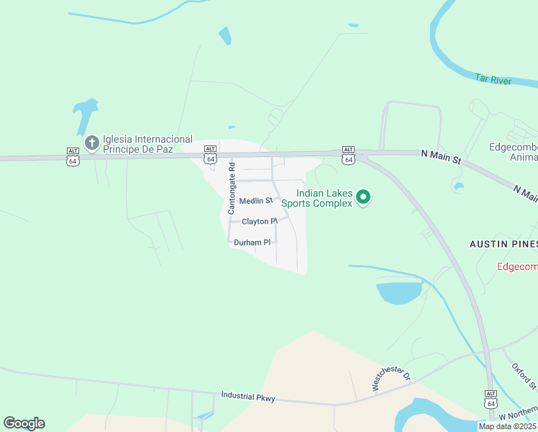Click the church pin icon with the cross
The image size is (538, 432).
click(x=91, y=143)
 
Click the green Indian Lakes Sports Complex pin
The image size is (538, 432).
click(x=364, y=197)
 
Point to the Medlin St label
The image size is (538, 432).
click(x=256, y=201)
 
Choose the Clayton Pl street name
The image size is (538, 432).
click(x=259, y=221)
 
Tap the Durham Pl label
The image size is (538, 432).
click(x=252, y=243)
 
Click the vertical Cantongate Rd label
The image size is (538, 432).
click(x=232, y=189)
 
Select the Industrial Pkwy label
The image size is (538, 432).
click(x=248, y=396)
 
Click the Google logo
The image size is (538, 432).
click(x=24, y=423)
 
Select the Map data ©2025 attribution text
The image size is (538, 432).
click(x=507, y=426)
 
